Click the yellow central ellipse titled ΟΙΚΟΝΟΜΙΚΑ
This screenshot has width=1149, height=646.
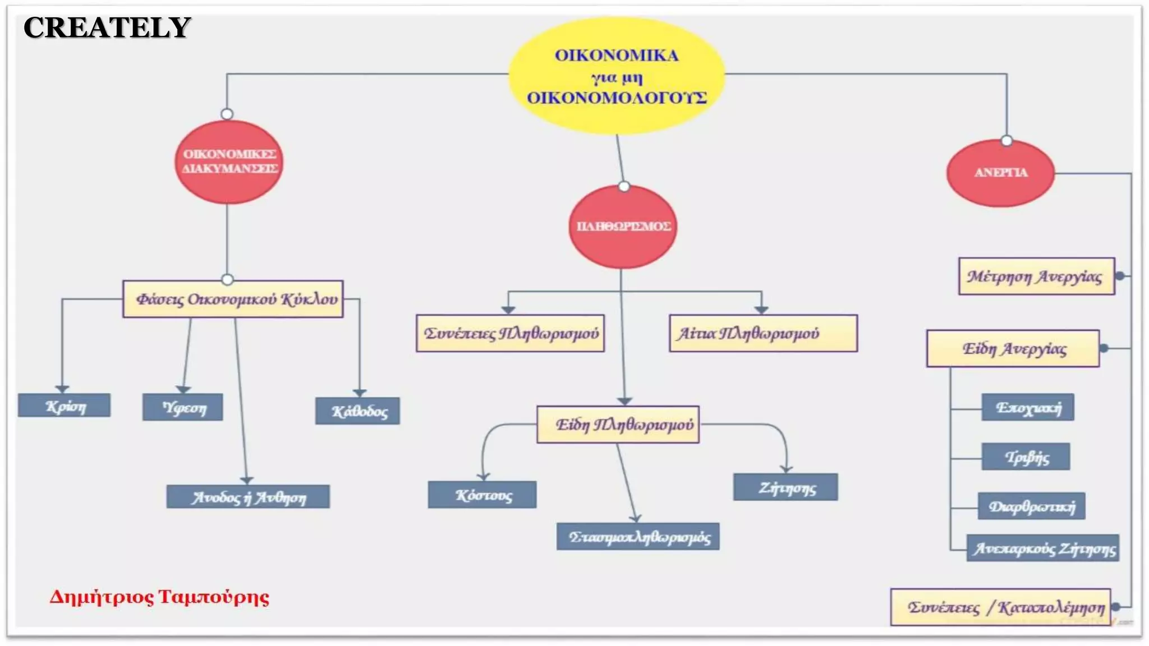click(616, 76)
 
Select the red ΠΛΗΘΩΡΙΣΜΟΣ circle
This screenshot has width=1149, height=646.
click(623, 227)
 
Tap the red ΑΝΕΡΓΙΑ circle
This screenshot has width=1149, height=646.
click(1000, 173)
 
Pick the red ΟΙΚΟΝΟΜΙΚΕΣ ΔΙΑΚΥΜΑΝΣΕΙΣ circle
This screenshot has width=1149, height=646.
click(229, 161)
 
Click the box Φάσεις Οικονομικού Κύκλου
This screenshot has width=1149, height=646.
click(233, 299)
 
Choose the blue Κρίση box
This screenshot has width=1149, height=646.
click(65, 405)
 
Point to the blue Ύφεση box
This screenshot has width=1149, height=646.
click(183, 407)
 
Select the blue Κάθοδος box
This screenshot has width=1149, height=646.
click(358, 411)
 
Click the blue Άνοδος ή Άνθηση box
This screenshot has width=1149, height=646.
click(248, 497)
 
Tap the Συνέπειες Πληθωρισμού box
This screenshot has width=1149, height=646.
click(510, 333)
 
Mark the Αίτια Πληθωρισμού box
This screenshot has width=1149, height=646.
click(763, 333)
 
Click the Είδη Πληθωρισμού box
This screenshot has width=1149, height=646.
click(618, 424)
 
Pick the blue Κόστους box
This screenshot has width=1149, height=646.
click(482, 495)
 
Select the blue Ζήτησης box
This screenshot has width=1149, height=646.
click(785, 487)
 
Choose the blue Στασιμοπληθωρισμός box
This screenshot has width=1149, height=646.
click(638, 537)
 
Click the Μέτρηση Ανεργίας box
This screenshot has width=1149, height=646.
click(1036, 276)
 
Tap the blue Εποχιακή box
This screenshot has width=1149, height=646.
click(1028, 407)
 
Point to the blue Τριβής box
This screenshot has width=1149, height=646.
click(1026, 456)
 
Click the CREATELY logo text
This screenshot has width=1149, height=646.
click(107, 27)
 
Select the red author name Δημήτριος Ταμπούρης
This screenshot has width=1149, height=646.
click(159, 597)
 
